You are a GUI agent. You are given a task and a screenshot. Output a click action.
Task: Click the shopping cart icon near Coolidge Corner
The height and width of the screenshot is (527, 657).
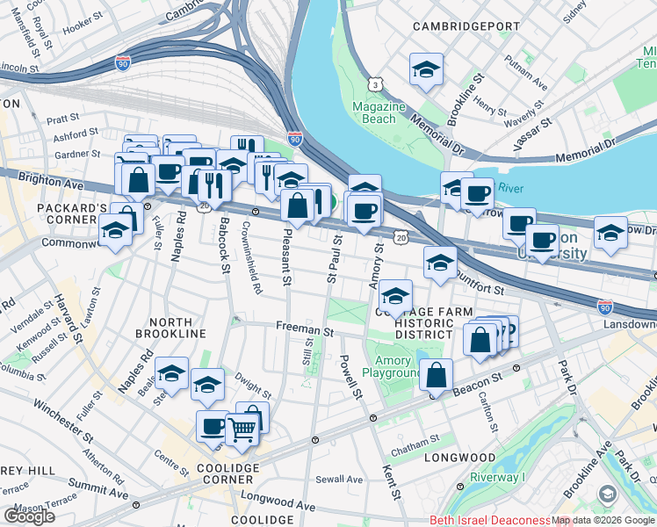pyautogui.click(x=243, y=430)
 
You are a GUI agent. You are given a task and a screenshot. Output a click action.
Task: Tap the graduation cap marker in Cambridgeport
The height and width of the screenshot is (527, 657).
pyautogui.click(x=426, y=69)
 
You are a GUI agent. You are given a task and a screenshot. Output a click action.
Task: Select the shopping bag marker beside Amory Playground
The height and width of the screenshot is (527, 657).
pyautogui.click(x=436, y=375)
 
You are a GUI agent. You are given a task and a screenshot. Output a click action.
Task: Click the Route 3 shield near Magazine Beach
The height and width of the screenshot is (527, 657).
pyautogui.click(x=375, y=84)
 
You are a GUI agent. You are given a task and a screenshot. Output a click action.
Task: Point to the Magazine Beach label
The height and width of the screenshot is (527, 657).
pyautogui.click(x=379, y=112)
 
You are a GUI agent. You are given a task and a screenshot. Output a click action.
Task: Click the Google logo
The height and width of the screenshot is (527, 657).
pyautogui.click(x=29, y=516)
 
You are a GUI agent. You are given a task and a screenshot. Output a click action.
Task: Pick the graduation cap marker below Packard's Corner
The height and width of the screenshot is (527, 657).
pyautogui.click(x=115, y=230)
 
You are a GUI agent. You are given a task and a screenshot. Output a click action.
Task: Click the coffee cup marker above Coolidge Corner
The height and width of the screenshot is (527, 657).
pyautogui.click(x=213, y=427)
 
